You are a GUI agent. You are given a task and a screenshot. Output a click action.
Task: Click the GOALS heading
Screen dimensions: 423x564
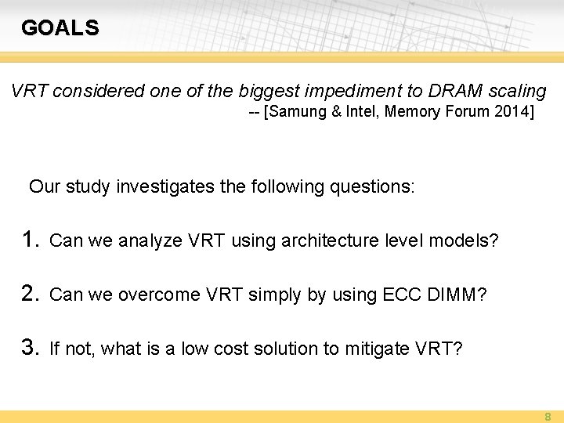click(60, 28)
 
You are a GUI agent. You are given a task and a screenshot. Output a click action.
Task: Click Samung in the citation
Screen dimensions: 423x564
click(298, 112)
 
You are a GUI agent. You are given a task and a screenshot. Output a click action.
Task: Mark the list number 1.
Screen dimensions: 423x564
click(30, 240)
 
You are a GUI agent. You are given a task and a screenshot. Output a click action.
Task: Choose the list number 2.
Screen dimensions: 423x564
click(30, 294)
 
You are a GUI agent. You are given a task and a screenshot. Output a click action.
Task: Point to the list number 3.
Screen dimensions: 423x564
click(30, 348)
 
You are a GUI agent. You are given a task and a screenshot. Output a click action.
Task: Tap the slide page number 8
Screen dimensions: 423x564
click(548, 417)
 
